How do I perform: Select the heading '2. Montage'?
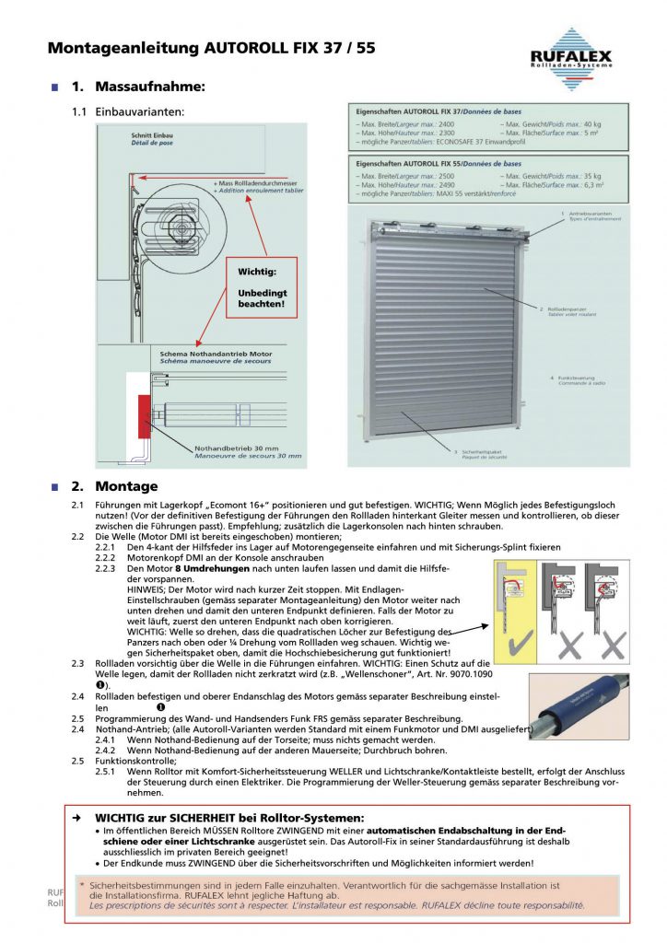114,486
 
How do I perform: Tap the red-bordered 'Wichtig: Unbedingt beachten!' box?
263,287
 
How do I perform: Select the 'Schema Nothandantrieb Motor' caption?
216,354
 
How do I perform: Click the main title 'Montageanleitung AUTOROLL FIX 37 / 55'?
211,47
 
